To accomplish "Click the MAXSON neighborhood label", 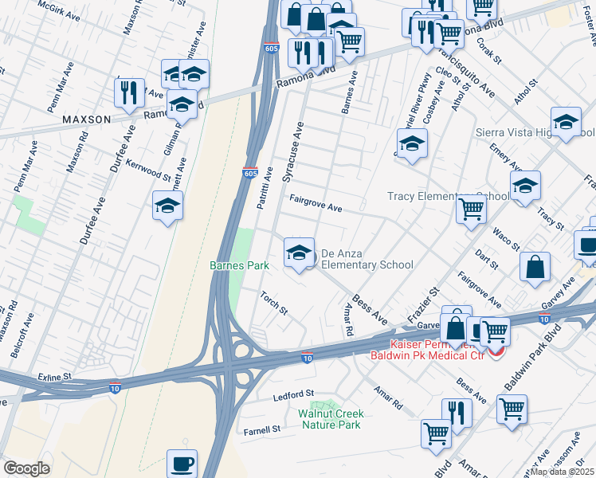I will (x=87, y=119).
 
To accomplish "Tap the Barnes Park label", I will (x=239, y=265).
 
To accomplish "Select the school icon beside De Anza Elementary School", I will (x=299, y=253).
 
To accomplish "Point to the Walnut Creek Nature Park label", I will (x=331, y=419).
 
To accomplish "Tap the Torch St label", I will (x=273, y=302).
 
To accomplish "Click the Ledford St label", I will (x=294, y=395).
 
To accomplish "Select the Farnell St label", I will (x=262, y=429).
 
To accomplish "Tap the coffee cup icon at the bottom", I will (x=182, y=462).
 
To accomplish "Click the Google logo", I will (x=26, y=468).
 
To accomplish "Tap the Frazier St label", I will (x=424, y=302).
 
